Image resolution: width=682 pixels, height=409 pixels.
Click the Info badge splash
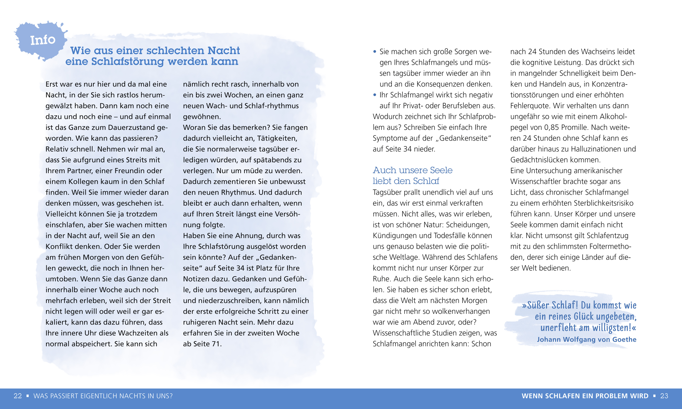pos(42,40)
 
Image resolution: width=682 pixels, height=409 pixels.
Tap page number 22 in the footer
pos(18,396)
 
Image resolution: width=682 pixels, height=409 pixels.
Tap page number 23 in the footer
pos(664,396)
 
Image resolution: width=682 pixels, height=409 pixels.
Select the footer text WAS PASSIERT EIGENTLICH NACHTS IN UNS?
pos(103,396)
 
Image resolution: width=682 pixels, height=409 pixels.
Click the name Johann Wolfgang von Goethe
pos(586,340)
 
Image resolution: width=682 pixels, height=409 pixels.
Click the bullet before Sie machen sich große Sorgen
pos(375,52)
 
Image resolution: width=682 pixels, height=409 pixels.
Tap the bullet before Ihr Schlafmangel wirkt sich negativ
pos(375,95)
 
